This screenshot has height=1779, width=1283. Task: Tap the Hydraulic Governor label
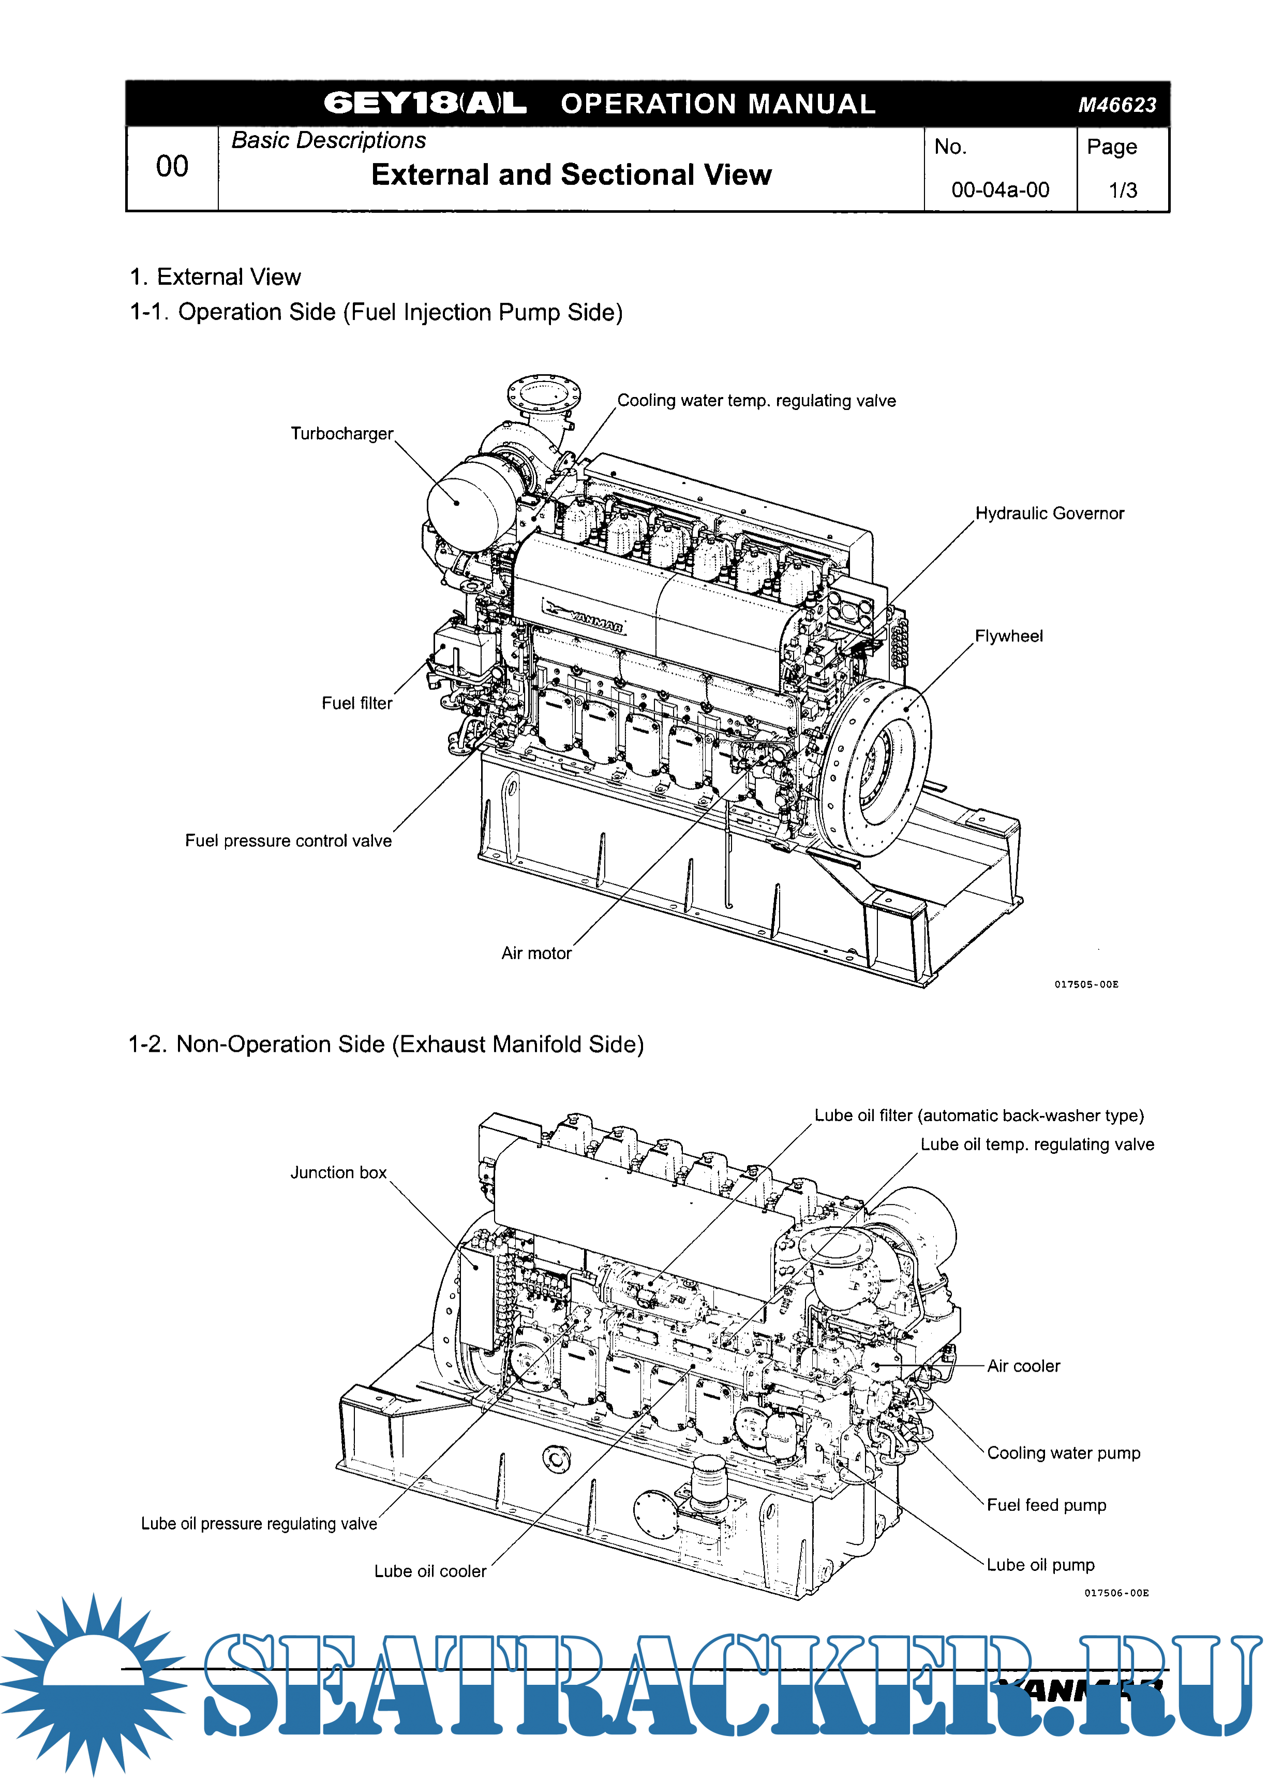[1049, 514]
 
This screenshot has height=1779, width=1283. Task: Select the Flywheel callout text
[1008, 636]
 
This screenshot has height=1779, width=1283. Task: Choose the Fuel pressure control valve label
[288, 841]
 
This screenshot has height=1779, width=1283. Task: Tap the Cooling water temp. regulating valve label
[756, 401]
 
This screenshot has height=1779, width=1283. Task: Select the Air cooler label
[1023, 1366]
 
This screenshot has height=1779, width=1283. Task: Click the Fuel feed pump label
[1046, 1505]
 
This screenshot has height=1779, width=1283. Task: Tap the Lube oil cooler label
[430, 1571]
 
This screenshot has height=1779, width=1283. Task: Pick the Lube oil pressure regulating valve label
[259, 1523]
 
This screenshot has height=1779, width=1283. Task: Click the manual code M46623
[1117, 105]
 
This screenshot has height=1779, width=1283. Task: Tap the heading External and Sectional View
[571, 175]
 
